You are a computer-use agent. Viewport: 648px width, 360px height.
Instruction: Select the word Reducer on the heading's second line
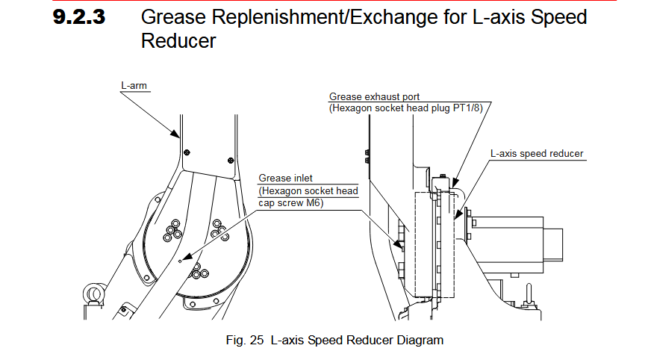pos(178,40)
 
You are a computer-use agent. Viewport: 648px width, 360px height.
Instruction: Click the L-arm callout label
pos(134,86)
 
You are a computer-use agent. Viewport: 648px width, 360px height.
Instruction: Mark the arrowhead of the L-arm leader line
pos(178,137)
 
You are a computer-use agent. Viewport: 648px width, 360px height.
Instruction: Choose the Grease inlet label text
pos(285,178)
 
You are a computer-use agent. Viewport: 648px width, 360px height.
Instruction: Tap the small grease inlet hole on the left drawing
pos(181,261)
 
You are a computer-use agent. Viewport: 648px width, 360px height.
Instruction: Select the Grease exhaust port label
pos(374,97)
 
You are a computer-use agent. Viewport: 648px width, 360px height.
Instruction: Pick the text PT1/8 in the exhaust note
pos(470,108)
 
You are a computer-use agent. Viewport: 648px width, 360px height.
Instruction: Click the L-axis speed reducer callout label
pos(537,154)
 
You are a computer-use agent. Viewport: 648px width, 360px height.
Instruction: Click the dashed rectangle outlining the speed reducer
pos(415,246)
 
